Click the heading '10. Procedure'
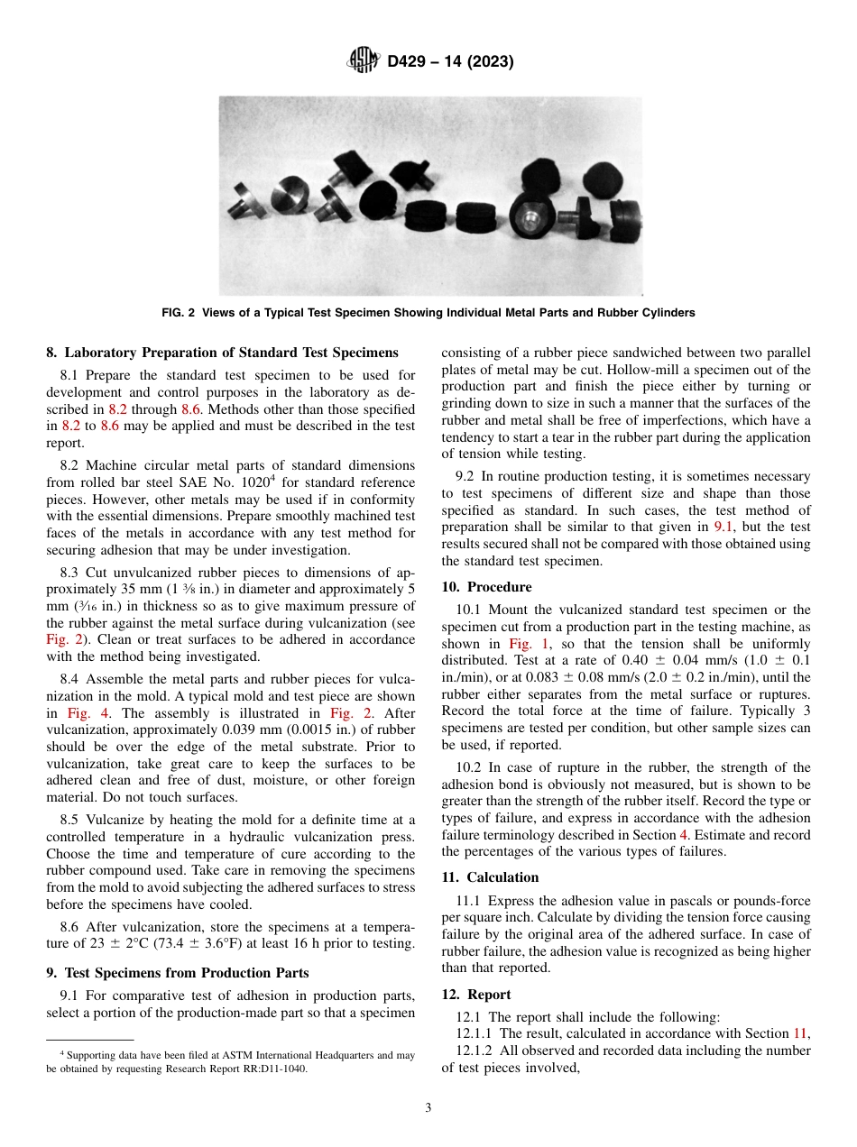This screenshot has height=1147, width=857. pos(486,587)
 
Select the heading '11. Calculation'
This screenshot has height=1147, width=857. pos(490,877)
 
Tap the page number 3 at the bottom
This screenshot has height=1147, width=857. pos(428,1108)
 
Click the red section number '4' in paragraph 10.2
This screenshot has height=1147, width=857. pos(682,834)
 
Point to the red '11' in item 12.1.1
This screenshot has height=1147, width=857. pos(800,1033)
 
